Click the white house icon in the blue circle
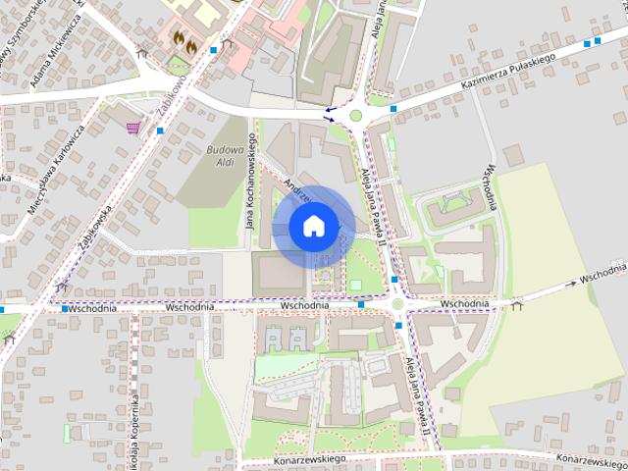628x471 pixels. (314, 227)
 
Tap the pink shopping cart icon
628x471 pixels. (133, 128)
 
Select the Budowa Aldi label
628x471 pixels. (224, 155)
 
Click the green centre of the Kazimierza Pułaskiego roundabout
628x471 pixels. (354, 116)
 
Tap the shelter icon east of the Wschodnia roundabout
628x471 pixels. (517, 304)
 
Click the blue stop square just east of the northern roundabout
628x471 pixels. (393, 109)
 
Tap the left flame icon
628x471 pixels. (178, 39)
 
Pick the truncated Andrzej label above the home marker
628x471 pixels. (294, 189)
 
